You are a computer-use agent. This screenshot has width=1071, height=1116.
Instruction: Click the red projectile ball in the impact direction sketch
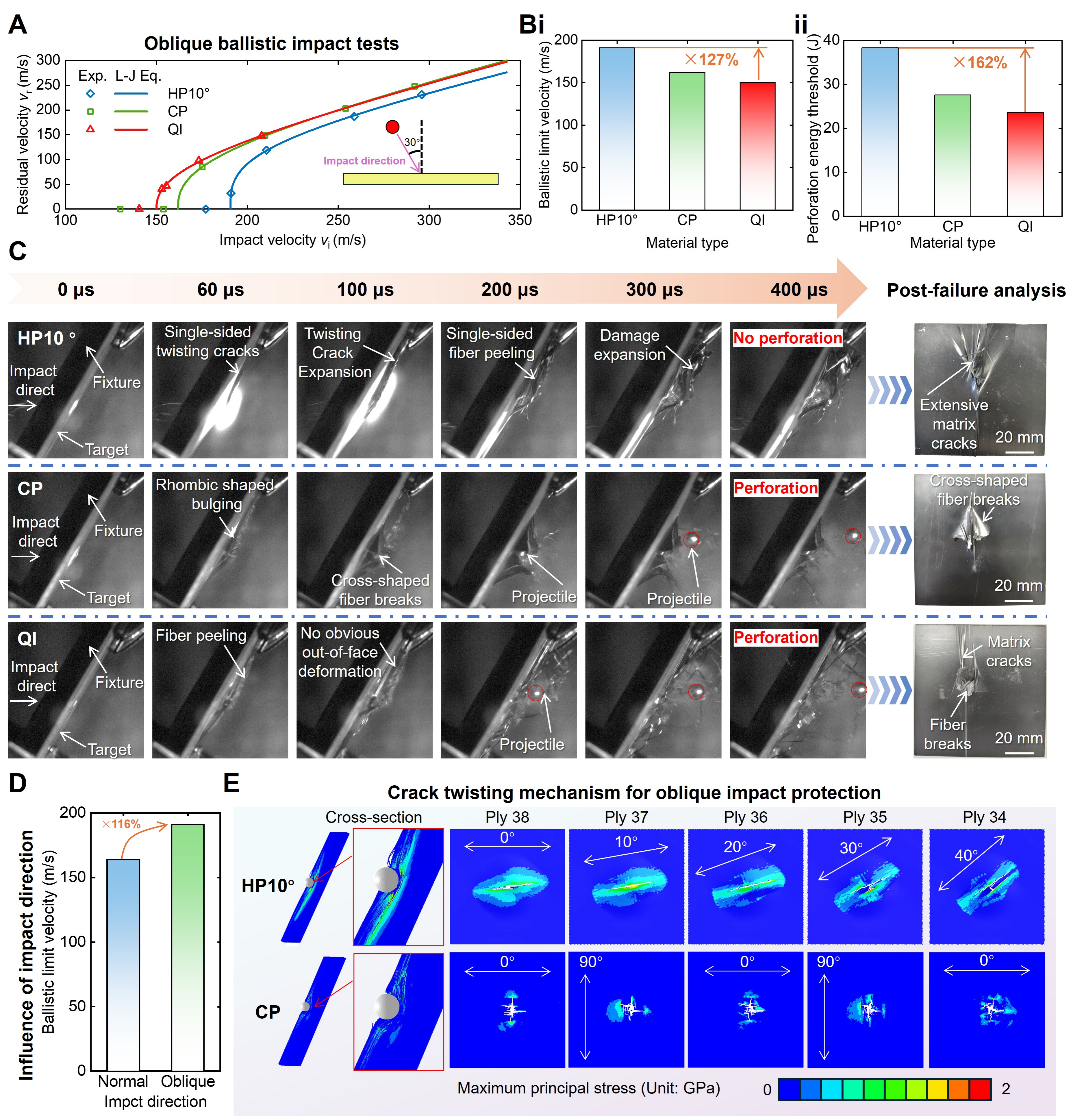[x=392, y=127]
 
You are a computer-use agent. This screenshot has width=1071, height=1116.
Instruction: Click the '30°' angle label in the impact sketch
[x=412, y=142]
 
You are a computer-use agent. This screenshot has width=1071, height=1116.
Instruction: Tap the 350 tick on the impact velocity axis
[x=519, y=220]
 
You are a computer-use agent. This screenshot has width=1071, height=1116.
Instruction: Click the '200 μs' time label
[x=509, y=290]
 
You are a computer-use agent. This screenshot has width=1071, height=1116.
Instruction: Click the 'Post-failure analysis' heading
[x=976, y=290]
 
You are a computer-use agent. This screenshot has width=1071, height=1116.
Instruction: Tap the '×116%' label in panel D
[x=121, y=824]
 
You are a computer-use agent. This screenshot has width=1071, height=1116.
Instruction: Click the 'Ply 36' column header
[x=745, y=817]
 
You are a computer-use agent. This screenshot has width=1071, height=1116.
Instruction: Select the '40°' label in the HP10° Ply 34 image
[x=966, y=855]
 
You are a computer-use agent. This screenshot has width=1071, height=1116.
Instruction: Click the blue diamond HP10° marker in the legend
[x=90, y=93]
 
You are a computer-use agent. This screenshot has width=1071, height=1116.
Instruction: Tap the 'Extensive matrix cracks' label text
[x=954, y=424]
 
